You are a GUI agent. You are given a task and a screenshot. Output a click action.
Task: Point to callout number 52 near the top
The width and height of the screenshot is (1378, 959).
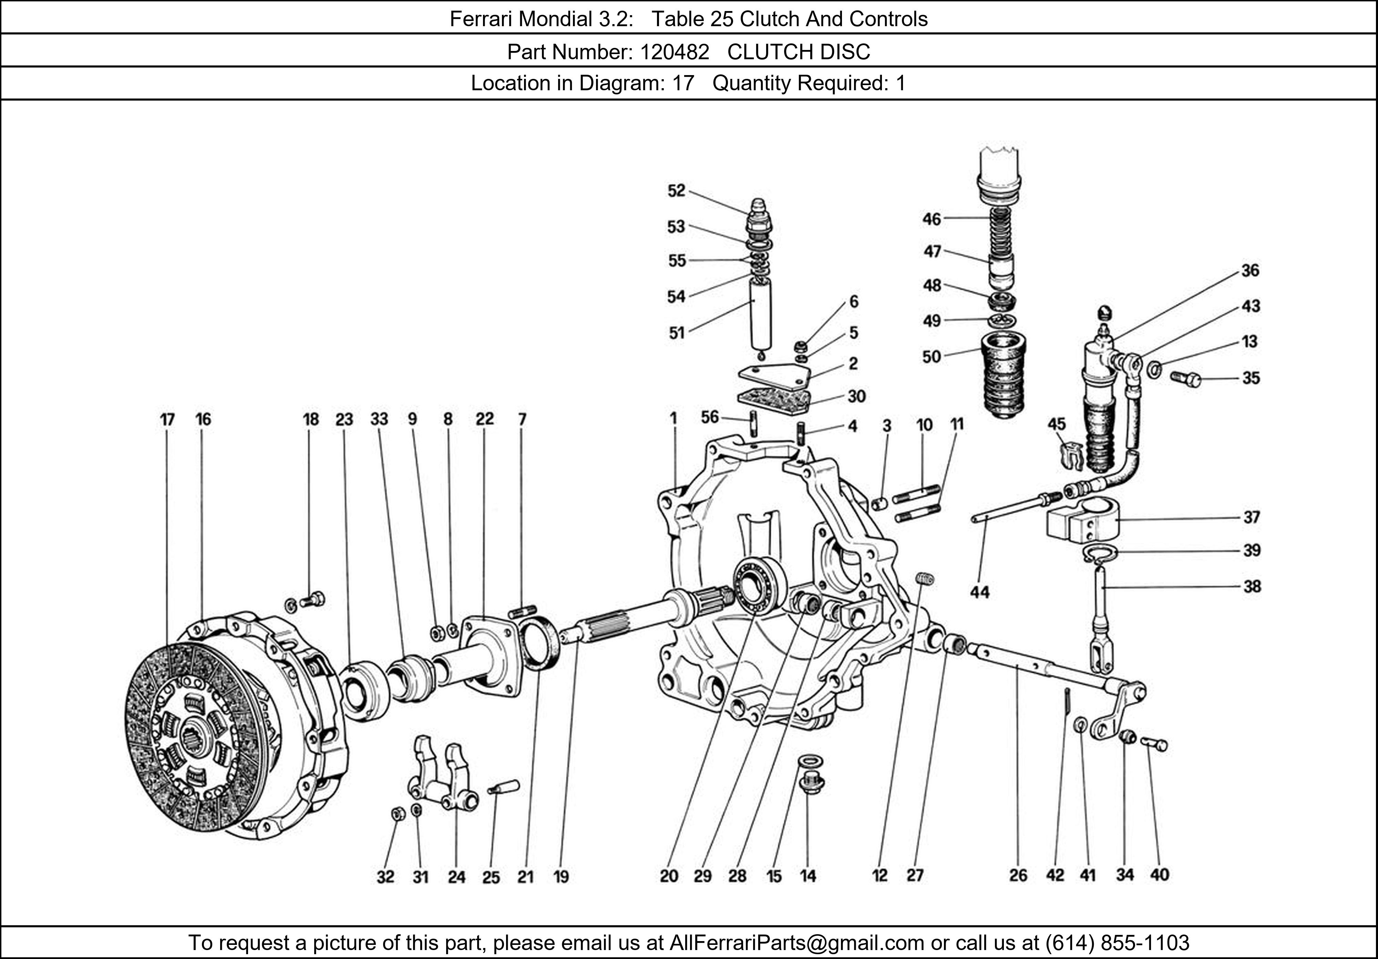pos(676,191)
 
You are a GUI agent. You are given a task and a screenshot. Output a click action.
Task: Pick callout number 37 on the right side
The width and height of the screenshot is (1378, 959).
pos(1251,517)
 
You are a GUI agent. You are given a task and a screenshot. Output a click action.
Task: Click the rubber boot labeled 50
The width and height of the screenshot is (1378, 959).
pos(1003,375)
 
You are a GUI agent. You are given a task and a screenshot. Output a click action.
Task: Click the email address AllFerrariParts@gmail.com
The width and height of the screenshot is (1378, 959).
pos(796,943)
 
